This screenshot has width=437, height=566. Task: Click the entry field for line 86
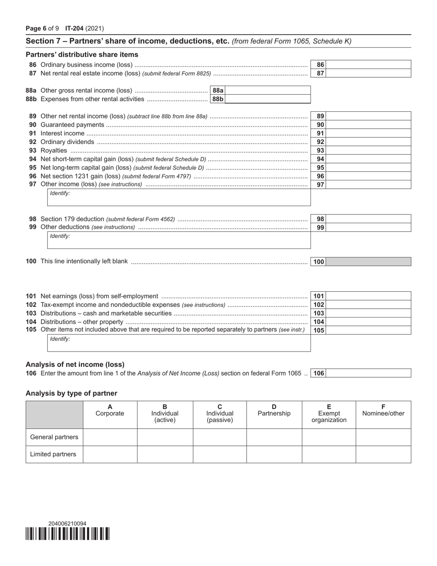click(368, 65)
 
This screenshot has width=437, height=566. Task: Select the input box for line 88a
click(267, 91)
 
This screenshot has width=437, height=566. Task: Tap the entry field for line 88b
click(267, 99)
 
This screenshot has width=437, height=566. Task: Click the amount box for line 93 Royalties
click(368, 150)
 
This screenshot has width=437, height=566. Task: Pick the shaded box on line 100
click(368, 262)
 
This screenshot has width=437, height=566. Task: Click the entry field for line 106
click(368, 373)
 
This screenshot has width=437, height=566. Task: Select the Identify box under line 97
click(179, 197)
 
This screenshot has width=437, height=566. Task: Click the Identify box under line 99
click(179, 240)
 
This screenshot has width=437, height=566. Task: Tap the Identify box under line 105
click(179, 343)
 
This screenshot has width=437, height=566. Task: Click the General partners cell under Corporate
click(110, 437)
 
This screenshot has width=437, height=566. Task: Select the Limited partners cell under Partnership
click(274, 454)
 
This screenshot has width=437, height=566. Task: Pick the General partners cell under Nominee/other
click(383, 437)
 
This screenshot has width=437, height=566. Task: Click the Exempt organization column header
click(329, 414)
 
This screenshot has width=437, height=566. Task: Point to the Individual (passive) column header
click(219, 414)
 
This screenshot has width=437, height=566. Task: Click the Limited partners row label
click(53, 454)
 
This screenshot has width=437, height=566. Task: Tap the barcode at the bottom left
click(68, 534)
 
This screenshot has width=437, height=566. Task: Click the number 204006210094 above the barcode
click(67, 523)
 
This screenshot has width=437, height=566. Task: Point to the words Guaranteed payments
click(72, 125)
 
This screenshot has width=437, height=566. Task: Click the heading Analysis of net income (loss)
click(75, 364)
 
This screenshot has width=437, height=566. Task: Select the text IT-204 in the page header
click(75, 28)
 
